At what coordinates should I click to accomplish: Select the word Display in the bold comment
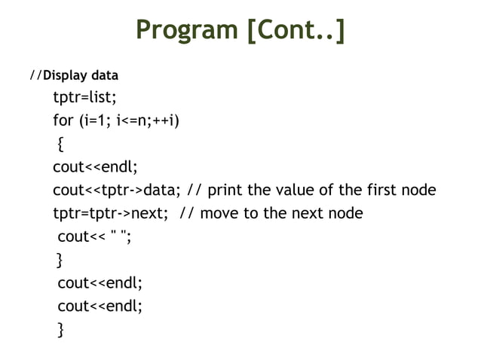66,76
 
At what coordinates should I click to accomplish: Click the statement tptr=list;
84,98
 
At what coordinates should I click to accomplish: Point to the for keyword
63,121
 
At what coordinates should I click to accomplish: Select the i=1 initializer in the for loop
102,121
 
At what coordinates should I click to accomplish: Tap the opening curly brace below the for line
61,144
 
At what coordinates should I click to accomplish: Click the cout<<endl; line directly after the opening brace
95,166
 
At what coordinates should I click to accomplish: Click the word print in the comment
228,190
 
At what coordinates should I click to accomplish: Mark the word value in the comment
296,190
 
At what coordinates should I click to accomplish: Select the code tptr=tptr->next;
110,213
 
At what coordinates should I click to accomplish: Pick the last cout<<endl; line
100,306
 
